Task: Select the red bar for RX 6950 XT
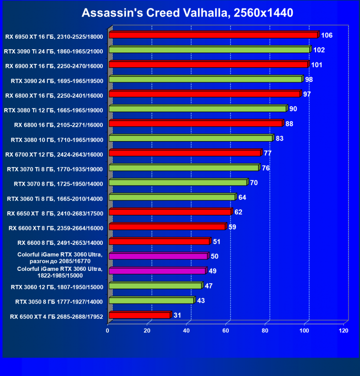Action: pos(213,35)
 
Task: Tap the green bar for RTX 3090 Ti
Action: pos(209,50)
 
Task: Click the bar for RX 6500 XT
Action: pos(140,315)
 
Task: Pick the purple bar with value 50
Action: pos(159,256)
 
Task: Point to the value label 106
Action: pos(327,35)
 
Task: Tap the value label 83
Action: pos(280,138)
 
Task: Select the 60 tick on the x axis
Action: pos(226,331)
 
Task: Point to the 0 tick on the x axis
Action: pos(108,331)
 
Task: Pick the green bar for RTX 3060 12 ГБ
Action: pos(155,286)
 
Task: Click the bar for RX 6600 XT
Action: pos(168,227)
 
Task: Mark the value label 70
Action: pos(254,183)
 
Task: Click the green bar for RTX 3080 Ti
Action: pos(198,109)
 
